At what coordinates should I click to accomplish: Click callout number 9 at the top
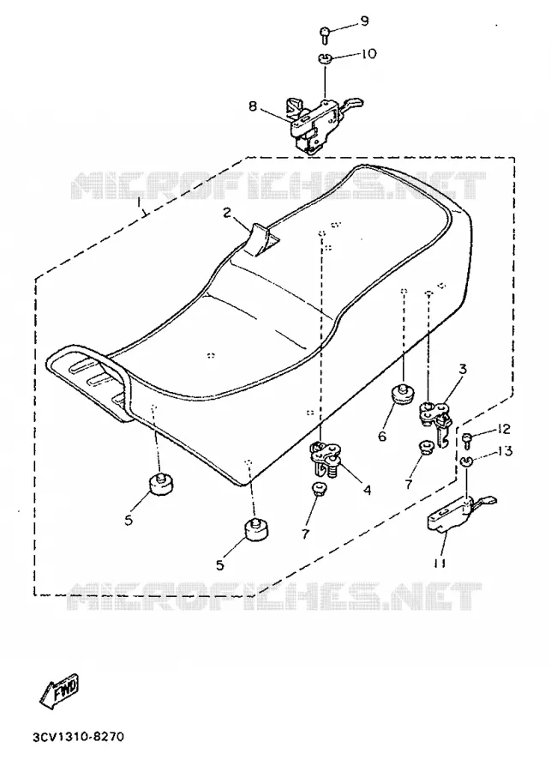(364, 21)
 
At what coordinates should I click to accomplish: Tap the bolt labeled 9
(325, 34)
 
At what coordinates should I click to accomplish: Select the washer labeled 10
(324, 58)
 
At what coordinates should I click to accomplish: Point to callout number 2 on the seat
(226, 213)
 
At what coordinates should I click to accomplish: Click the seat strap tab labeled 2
(263, 240)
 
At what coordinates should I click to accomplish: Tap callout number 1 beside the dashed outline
(139, 202)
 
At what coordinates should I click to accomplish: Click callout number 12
(503, 429)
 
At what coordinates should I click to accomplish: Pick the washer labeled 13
(467, 461)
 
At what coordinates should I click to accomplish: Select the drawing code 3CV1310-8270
(79, 737)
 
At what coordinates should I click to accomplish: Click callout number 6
(382, 436)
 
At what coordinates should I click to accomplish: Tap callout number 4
(367, 490)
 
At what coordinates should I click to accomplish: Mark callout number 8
(253, 106)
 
